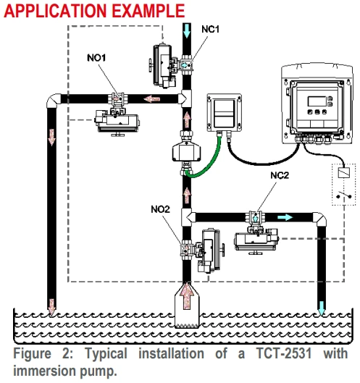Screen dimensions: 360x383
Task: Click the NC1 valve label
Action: tap(211, 29)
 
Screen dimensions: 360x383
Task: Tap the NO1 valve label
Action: tap(96, 58)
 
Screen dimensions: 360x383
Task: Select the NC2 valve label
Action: tap(280, 175)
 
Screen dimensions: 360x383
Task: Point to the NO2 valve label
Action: tap(160, 209)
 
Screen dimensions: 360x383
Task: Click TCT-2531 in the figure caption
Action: tap(284, 353)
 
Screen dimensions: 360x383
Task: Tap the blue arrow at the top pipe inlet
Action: tap(187, 30)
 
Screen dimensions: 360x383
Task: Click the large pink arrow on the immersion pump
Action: tap(187, 296)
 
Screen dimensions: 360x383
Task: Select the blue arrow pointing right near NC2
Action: tap(285, 217)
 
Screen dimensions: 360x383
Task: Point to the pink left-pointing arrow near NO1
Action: tap(152, 99)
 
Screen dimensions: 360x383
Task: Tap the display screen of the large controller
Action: tap(317, 101)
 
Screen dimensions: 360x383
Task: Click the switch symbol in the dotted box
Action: tap(344, 195)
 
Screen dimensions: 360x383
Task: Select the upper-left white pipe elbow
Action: tap(53, 100)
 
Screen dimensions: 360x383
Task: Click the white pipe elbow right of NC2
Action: tap(320, 218)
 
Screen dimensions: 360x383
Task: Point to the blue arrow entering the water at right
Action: tap(322, 308)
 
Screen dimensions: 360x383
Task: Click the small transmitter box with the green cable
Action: tap(225, 113)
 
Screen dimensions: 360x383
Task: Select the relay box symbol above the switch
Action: tap(344, 173)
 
